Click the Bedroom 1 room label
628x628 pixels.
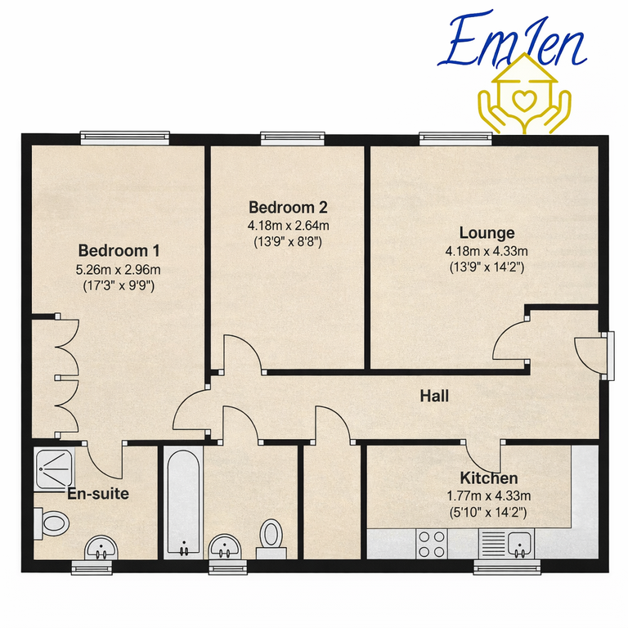pyautogui.click(x=119, y=250)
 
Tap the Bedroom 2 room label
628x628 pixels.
pyautogui.click(x=289, y=206)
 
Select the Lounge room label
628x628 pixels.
pyautogui.click(x=487, y=232)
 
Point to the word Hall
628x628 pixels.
pyautogui.click(x=434, y=397)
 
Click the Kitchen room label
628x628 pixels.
pyautogui.click(x=487, y=478)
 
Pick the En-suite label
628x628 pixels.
pyautogui.click(x=97, y=493)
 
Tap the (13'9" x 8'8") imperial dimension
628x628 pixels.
pyautogui.click(x=289, y=242)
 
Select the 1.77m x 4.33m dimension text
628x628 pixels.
pyautogui.click(x=488, y=496)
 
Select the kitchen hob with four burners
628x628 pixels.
pyautogui.click(x=432, y=543)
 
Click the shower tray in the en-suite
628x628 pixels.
pyautogui.click(x=54, y=470)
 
